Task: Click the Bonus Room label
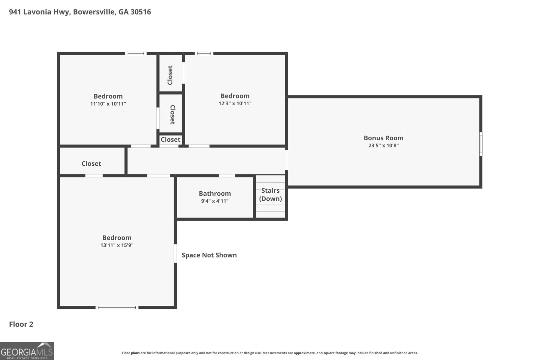coord(383,138)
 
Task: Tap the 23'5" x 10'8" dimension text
coord(383,145)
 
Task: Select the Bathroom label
coord(215,193)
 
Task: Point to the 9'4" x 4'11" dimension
coord(215,201)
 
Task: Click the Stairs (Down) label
coord(270,194)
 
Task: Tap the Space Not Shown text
coord(209,255)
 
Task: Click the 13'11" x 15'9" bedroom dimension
coord(117,245)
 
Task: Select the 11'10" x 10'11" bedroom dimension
coord(108,104)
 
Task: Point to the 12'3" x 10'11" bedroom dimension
coord(235,103)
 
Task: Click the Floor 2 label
coord(21,324)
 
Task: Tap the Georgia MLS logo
coord(27,351)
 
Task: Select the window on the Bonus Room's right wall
coord(481,144)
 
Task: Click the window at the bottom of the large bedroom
coord(117,307)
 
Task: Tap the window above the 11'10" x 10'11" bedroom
coord(136,54)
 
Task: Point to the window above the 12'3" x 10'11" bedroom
coord(204,54)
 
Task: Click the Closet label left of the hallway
coord(91,164)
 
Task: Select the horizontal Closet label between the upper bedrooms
coord(170,140)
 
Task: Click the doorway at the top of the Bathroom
coord(227,176)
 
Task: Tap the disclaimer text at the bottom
coord(270,353)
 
